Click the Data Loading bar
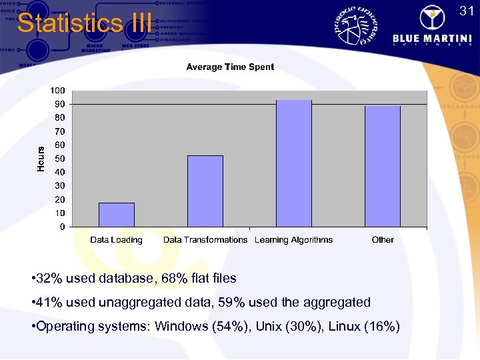[x=117, y=215]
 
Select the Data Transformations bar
[x=205, y=191]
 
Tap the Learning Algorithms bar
[x=294, y=163]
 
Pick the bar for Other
[x=383, y=166]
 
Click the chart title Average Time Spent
[x=230, y=67]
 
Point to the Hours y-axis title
[x=41, y=159]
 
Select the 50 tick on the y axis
[x=59, y=159]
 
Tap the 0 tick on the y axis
[x=62, y=227]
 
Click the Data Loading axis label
[x=117, y=240]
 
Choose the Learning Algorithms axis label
[x=294, y=240]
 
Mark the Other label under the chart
[x=383, y=240]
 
